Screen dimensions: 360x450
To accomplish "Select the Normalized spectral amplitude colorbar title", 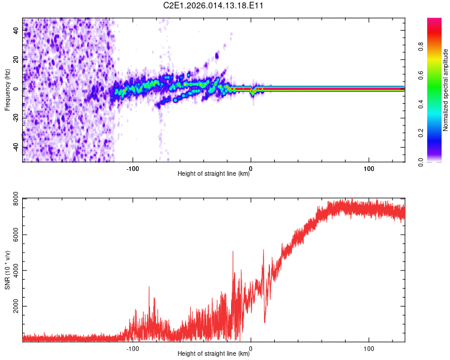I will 446,90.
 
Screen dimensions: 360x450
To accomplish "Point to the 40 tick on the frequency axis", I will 16,31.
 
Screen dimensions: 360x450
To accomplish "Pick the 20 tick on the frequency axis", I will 16,60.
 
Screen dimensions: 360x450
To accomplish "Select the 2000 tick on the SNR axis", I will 12,307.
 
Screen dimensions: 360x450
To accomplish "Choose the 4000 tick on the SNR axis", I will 12,271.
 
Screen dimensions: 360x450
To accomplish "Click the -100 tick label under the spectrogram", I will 133,168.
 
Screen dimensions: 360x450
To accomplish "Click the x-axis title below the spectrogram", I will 214,175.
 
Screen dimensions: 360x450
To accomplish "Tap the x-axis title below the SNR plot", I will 214,354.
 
